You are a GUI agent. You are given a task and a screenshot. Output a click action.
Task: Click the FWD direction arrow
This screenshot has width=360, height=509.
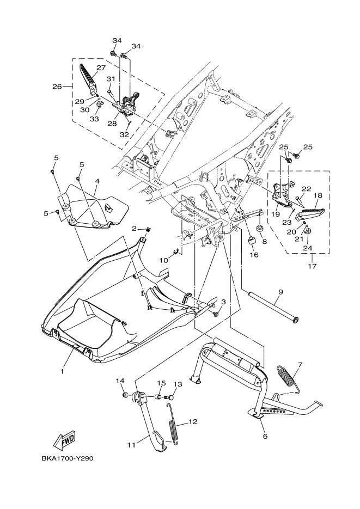coord(64,440)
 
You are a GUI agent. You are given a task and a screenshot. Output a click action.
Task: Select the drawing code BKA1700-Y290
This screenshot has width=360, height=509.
coord(68,458)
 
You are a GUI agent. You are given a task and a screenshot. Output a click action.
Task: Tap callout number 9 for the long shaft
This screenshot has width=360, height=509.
coord(280,292)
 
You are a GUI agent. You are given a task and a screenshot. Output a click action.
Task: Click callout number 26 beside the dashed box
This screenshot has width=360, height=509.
coord(57,87)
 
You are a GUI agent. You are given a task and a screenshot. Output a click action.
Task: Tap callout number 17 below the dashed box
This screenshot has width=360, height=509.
coord(312,266)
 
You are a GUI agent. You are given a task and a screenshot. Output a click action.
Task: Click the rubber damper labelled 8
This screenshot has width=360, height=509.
coord(260,228)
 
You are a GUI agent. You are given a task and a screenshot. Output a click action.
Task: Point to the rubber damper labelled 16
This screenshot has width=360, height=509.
coord(252,242)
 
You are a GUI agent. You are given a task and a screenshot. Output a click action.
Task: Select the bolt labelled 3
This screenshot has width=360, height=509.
coord(215,314)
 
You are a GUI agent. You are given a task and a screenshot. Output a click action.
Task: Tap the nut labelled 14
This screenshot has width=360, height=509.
coord(125,395)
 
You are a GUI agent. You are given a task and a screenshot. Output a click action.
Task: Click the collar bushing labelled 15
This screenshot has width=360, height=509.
coord(157,397)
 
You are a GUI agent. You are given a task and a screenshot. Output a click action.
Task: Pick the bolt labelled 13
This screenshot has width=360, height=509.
coord(169,397)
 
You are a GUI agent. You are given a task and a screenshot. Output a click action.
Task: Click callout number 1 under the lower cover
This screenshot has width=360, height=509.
coord(62,371)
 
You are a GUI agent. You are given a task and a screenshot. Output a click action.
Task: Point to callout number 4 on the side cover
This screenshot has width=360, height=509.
coord(97,181)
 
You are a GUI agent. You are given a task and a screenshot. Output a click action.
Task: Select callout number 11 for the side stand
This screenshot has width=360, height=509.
coord(131,445)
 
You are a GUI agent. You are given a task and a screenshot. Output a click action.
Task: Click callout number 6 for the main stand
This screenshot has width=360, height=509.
coord(265,436)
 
